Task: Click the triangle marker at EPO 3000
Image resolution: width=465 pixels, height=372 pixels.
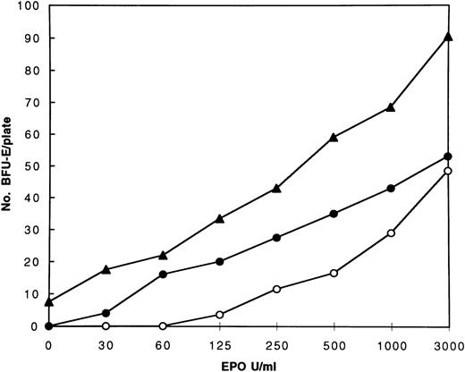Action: (x=446, y=37)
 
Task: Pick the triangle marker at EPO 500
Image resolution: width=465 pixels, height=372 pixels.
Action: (x=334, y=137)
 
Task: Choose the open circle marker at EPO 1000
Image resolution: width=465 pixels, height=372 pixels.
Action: (x=390, y=233)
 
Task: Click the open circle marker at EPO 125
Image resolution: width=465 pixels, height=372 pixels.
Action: (x=220, y=315)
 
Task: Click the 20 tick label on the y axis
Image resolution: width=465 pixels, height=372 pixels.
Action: (x=30, y=262)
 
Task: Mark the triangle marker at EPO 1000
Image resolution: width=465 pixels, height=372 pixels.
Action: (x=390, y=107)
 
